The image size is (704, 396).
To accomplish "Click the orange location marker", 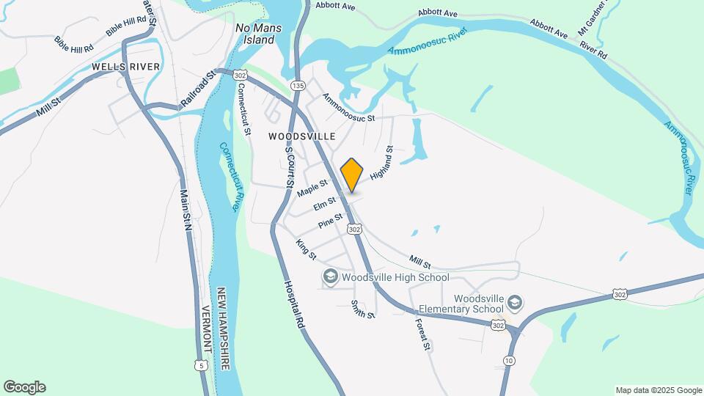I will [352, 175].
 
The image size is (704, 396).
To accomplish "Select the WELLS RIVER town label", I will [121, 67].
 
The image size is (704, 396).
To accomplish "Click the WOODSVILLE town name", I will [301, 136].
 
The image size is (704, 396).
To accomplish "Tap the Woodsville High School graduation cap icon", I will [330, 277].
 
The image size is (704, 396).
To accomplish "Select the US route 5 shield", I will [202, 364].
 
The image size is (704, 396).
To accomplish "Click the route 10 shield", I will [509, 360].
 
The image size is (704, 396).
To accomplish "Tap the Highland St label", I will [382, 164].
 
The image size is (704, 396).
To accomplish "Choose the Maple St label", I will [312, 188].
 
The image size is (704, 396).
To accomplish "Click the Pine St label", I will [330, 221].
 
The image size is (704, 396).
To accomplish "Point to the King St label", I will [306, 249].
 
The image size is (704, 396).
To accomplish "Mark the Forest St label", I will [421, 334].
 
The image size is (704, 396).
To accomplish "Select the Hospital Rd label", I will [294, 304].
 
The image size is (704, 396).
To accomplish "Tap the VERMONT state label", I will [206, 329].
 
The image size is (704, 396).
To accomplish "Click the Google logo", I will [24, 387].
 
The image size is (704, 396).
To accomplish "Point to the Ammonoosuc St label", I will [348, 107].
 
